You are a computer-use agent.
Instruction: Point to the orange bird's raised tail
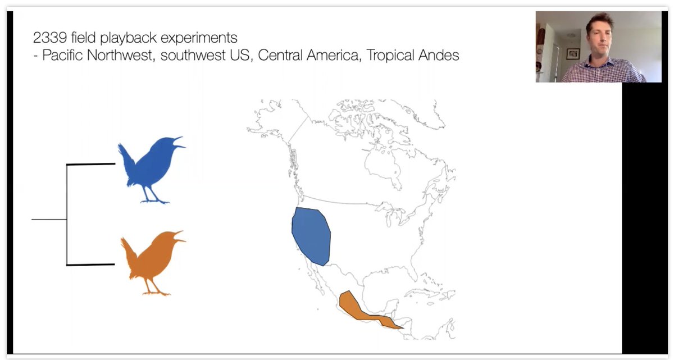(127, 249)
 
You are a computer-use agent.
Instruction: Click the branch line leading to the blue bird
(90, 165)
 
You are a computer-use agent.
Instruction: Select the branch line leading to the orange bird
(90, 265)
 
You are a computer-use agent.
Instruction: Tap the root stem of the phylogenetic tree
(49, 220)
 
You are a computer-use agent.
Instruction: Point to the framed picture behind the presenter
(572, 53)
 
